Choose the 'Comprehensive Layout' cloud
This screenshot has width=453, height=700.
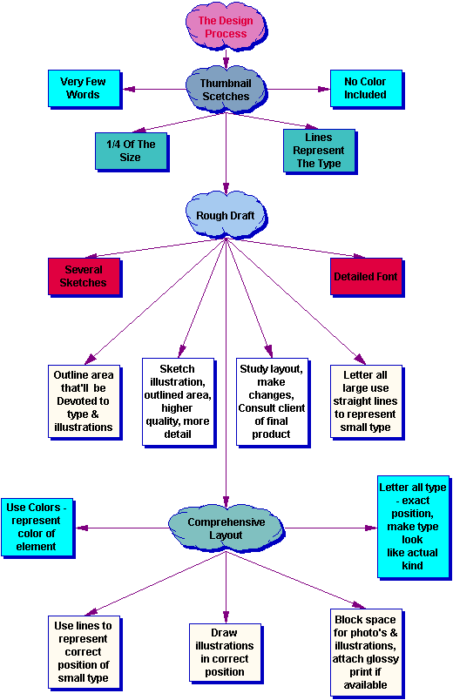[x=226, y=528]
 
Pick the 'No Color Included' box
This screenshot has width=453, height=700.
[x=365, y=88]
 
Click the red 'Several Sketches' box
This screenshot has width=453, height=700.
[x=85, y=276]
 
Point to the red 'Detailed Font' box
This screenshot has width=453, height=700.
[x=365, y=276]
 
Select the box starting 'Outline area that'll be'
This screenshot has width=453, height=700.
[x=84, y=400]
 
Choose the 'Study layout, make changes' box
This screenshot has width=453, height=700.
[x=271, y=400]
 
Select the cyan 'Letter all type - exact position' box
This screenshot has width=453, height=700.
[x=413, y=527]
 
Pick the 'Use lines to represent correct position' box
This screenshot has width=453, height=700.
[x=83, y=650]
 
